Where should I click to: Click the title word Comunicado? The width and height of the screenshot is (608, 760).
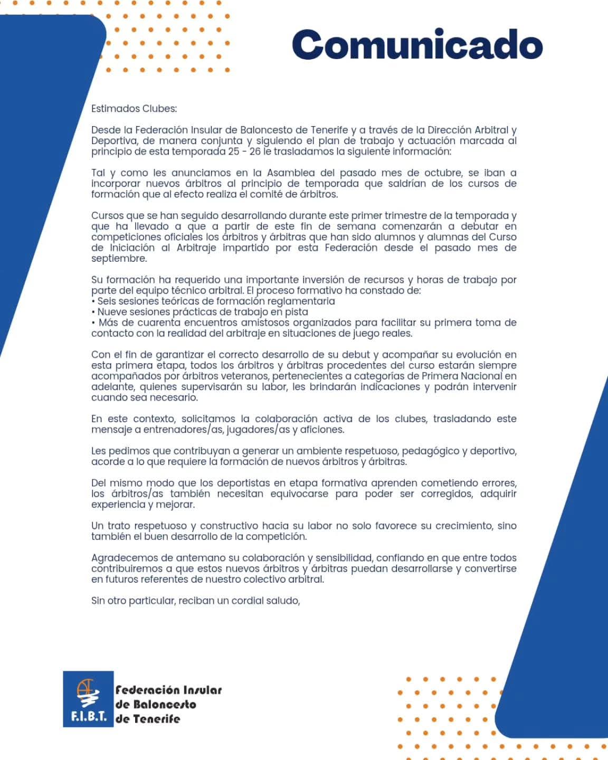pyautogui.click(x=417, y=45)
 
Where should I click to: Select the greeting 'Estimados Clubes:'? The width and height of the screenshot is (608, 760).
pyautogui.click(x=134, y=109)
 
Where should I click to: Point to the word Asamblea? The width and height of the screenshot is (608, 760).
pyautogui.click(x=292, y=173)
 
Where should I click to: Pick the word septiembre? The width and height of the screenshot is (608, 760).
pyautogui.click(x=119, y=259)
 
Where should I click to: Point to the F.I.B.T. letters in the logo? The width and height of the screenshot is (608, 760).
pyautogui.click(x=88, y=717)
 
